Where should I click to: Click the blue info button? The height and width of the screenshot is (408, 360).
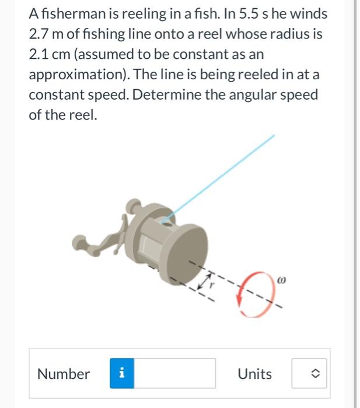click(x=121, y=374)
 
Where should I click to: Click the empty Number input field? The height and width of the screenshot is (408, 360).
click(x=174, y=374)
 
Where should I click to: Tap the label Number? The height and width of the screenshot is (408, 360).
click(x=64, y=374)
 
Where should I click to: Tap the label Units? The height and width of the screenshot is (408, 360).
click(x=254, y=374)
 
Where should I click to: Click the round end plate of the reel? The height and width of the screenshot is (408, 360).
click(x=186, y=251)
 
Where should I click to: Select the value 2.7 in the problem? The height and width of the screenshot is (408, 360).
click(x=39, y=34)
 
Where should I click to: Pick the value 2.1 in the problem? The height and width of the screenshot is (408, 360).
click(x=39, y=55)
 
